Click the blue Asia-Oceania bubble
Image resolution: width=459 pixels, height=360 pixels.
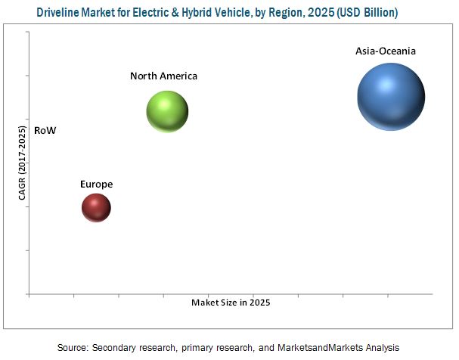pos(391,96)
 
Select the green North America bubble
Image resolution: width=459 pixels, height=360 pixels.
pos(166,112)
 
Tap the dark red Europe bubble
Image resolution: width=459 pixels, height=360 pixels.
pos(95,207)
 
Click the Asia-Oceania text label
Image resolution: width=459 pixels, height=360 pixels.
pos(386,51)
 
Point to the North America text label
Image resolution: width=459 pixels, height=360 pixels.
pos(163,76)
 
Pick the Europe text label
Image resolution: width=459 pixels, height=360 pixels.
pos(96,184)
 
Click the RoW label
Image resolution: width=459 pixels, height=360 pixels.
pos(45,130)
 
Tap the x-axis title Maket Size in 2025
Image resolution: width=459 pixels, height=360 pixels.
pos(230,302)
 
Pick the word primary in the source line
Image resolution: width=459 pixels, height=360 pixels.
pos(196,347)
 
